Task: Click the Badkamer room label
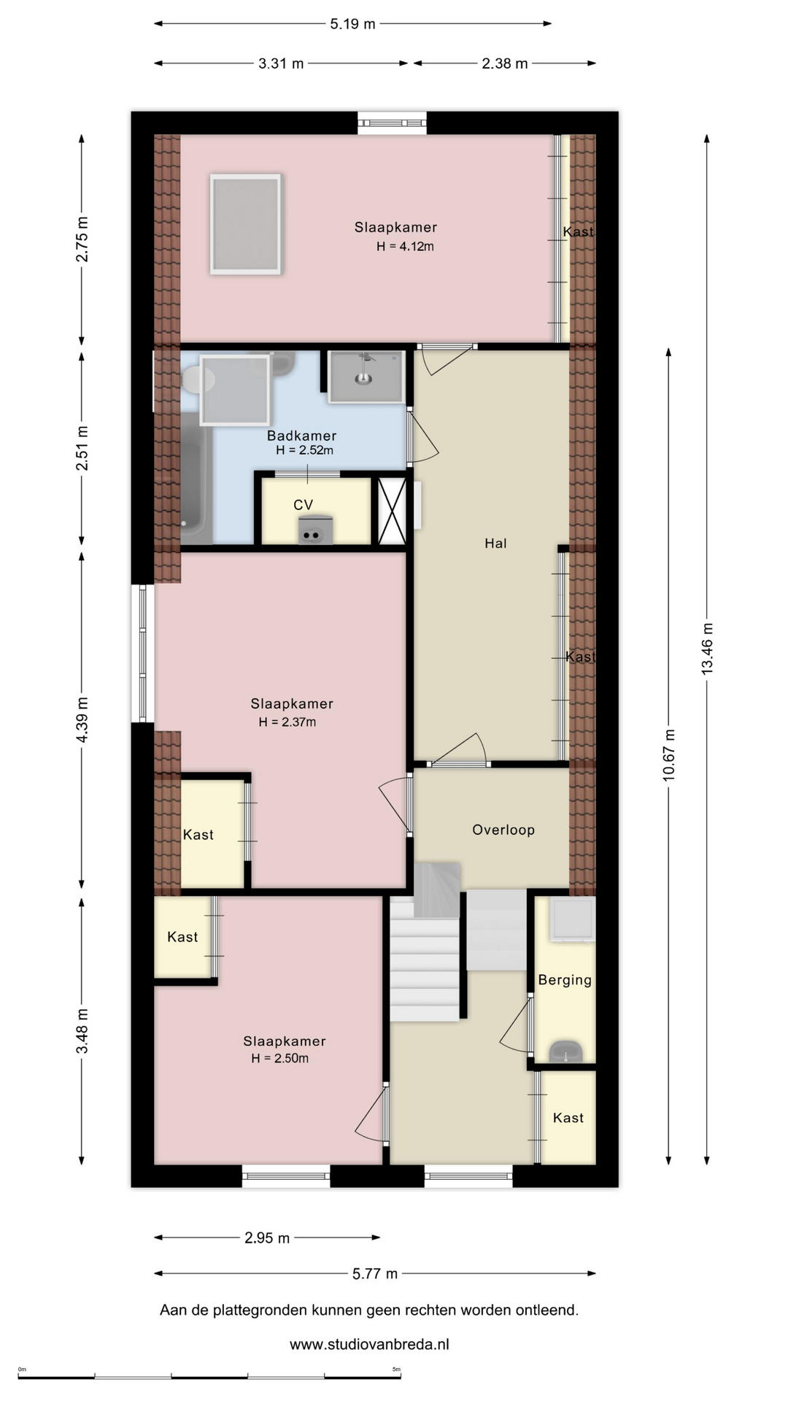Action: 301,436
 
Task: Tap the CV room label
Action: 304,505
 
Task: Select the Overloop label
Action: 503,830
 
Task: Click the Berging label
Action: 565,980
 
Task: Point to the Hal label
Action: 495,543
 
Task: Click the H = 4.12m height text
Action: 405,247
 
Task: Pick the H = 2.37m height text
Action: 287,722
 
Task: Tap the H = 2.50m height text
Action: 280,1059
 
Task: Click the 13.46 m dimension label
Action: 707,649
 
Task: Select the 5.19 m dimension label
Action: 352,24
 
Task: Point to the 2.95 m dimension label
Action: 267,1238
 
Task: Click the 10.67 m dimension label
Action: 668,755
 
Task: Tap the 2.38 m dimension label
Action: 504,63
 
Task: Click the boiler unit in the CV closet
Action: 315,530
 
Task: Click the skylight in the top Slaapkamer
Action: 246,224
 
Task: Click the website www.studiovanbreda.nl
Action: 369,1344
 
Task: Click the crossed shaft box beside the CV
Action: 392,511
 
